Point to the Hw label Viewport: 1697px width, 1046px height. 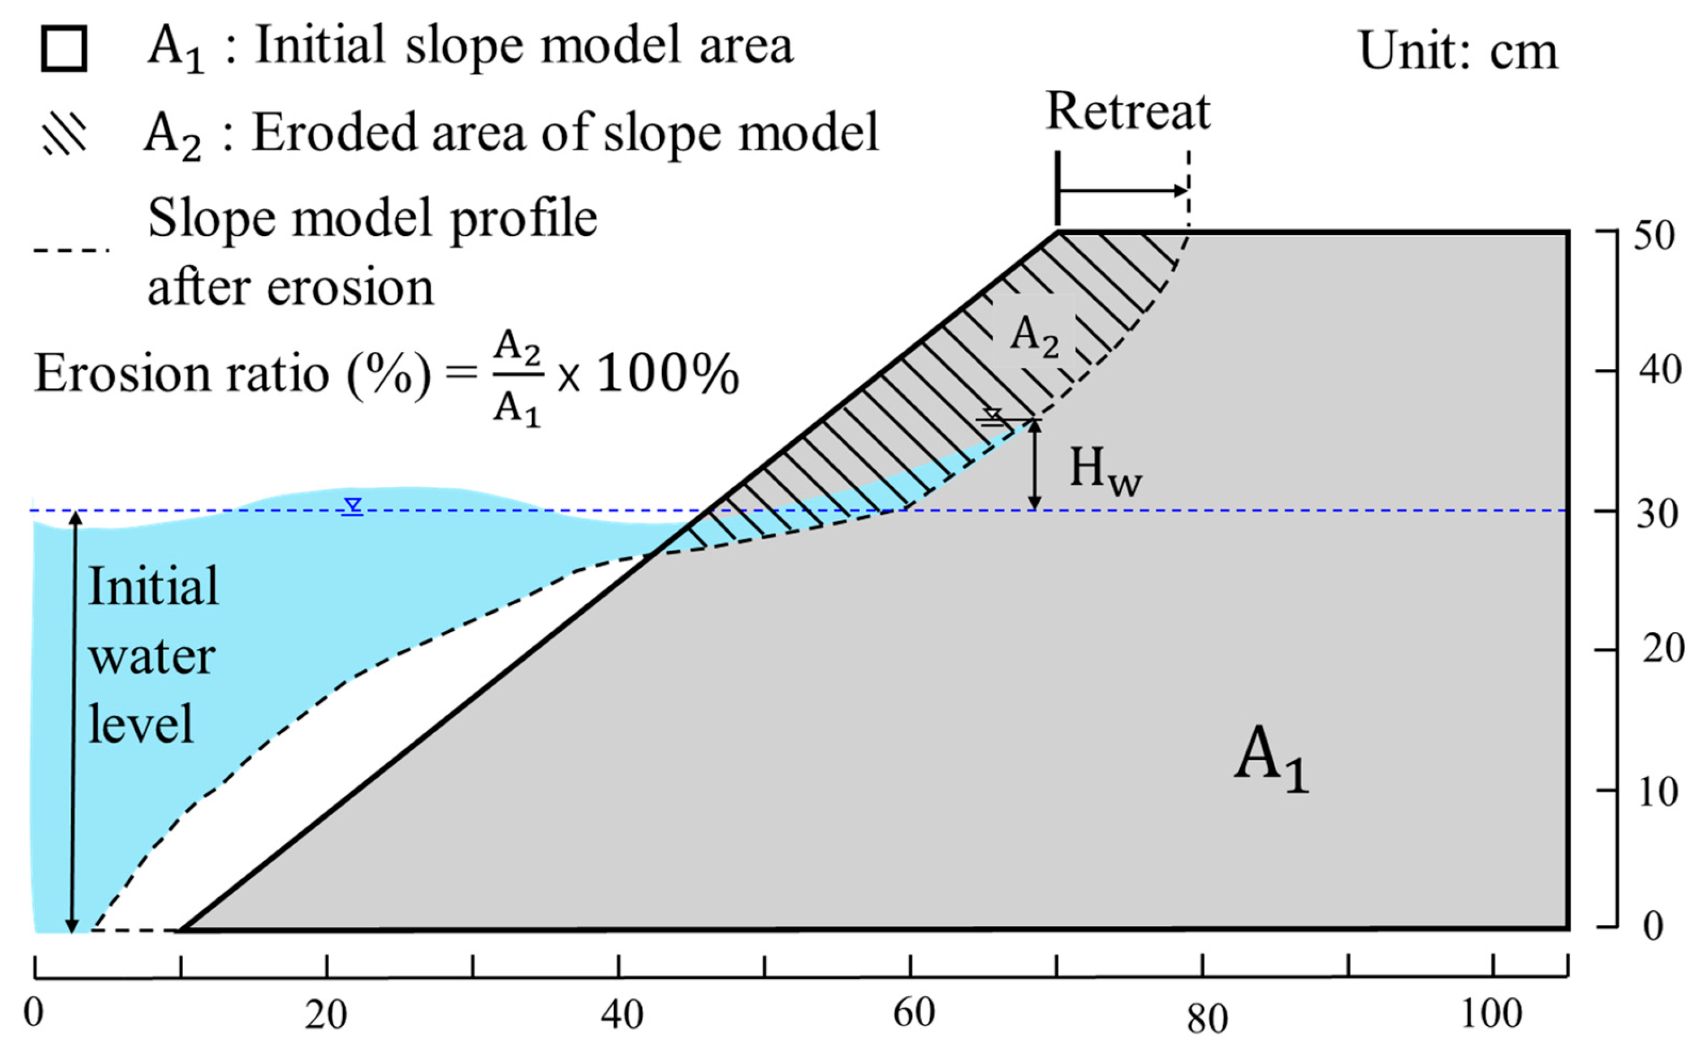pos(1105,472)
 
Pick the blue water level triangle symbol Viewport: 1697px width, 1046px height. pos(353,506)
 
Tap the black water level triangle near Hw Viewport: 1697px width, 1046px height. pos(993,416)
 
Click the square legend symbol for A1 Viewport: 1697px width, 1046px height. pos(64,49)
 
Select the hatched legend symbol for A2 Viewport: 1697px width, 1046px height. pos(65,133)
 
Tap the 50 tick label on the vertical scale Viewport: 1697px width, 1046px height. pos(1654,236)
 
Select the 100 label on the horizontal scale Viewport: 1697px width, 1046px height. pos(1492,1014)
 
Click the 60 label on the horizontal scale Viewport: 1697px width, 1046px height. pos(913,1014)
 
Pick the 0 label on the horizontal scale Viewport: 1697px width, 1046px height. pos(33,1014)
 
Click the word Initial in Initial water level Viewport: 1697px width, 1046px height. pos(153,587)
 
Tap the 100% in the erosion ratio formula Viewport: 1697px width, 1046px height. pos(667,376)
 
